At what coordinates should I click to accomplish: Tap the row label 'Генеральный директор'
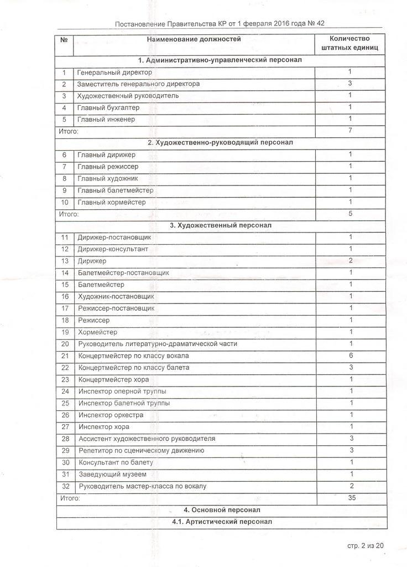pos(114,73)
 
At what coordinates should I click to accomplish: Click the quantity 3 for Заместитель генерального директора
pos(350,84)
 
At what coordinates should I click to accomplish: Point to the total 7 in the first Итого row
pos(350,131)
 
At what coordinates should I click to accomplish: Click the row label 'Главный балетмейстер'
pos(116,190)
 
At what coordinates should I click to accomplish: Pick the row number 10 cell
pos(65,202)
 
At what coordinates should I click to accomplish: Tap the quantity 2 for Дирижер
pos(351,261)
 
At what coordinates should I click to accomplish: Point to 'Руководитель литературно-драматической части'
pos(158,344)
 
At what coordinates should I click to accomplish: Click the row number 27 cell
pos(65,427)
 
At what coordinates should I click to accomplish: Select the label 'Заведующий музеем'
pos(112,475)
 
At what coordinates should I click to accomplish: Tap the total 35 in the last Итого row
pos(352,498)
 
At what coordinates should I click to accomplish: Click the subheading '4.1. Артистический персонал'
pos(222,522)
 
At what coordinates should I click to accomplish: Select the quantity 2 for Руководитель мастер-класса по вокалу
pos(352,486)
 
